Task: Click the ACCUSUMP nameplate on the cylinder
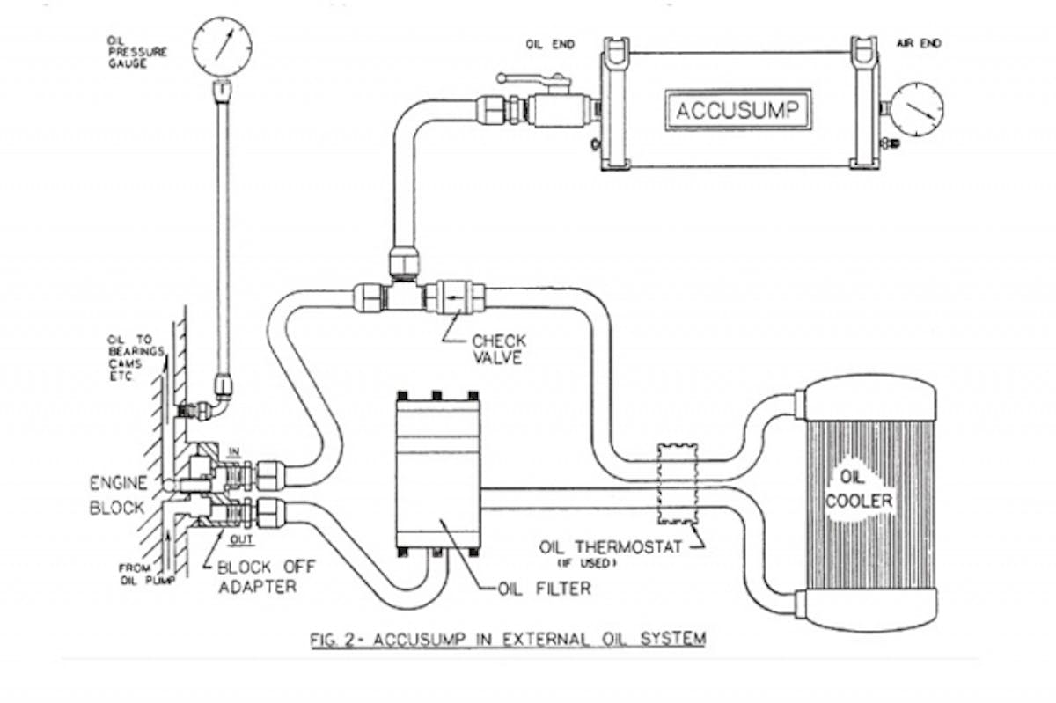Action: [x=737, y=111]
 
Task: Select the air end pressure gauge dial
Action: [x=914, y=109]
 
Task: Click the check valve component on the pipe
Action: [x=453, y=297]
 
